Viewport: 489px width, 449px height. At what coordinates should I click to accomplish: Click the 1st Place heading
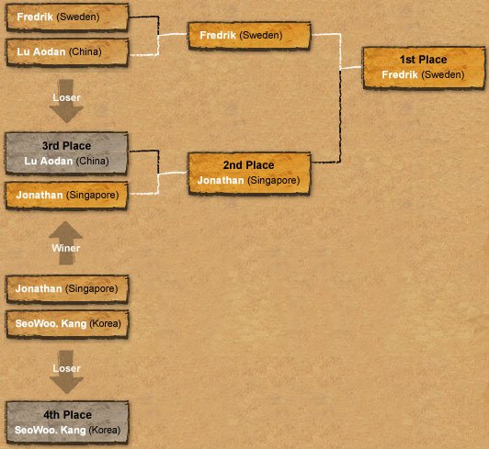coord(423,60)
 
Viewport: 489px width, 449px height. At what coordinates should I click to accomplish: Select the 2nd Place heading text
coord(248,165)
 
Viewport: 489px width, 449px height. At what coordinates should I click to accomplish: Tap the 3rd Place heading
coord(67,146)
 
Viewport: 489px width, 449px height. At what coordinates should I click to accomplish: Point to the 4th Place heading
coord(67,415)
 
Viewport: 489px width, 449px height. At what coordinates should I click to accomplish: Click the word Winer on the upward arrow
coord(66,248)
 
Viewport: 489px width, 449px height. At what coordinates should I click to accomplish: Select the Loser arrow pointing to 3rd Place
coord(66,101)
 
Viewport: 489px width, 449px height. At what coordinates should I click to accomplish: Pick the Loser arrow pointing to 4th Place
coord(66,372)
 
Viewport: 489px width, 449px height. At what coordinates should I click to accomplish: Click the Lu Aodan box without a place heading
coord(67,52)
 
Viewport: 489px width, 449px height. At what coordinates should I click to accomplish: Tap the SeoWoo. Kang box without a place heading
coord(67,324)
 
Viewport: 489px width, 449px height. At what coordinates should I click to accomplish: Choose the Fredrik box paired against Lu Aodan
coord(67,17)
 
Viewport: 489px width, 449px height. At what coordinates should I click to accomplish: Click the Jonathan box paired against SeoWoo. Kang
coord(67,289)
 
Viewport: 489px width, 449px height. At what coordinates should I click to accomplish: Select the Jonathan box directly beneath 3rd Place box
coord(66,196)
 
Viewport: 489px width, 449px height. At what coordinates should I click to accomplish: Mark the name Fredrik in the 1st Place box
coord(400,74)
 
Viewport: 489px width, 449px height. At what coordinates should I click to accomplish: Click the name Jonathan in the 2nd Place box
coord(221,180)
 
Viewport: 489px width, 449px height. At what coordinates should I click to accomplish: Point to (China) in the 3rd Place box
coord(92,161)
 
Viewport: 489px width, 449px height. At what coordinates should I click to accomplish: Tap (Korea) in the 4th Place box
coord(105,431)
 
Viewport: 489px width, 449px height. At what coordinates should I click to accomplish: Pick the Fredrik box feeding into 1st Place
coord(249,36)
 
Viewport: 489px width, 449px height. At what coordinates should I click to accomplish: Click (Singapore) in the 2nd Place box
coord(274,181)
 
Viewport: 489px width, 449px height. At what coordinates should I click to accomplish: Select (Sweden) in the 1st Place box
coord(443,75)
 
